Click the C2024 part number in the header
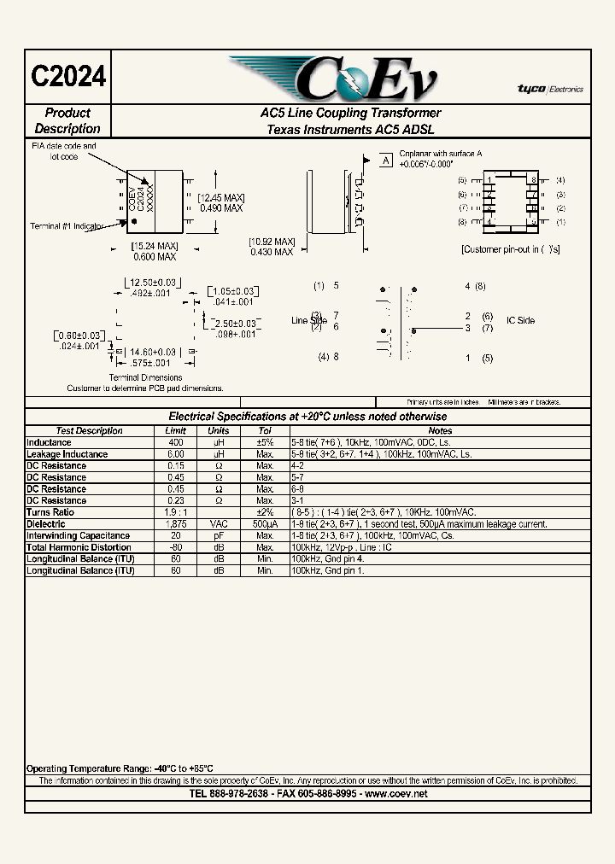68,76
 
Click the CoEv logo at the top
333,79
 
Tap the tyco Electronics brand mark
549,89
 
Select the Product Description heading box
67,121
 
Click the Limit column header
175,431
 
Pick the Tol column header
265,431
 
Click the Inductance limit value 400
175,443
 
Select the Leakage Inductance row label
67,455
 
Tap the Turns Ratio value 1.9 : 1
175,512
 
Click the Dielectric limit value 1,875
175,524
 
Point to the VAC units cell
219,524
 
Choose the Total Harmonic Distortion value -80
175,547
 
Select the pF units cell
219,536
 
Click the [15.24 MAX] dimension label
154,247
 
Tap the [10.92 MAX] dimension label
272,242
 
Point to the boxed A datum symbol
385,161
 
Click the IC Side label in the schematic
520,321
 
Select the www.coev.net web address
396,794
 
